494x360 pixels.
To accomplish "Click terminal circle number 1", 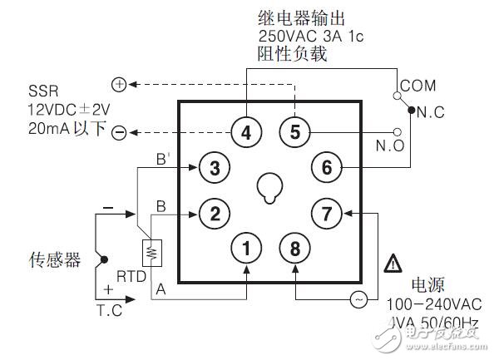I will click(246, 247).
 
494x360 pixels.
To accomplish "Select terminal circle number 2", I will click(215, 214).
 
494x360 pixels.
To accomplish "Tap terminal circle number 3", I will click(215, 169).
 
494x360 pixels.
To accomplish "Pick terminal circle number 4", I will click(245, 131).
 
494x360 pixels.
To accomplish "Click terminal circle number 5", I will click(294, 131).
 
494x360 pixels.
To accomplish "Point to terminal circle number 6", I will click(327, 168).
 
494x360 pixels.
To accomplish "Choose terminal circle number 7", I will click(327, 214).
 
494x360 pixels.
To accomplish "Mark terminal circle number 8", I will click(294, 247).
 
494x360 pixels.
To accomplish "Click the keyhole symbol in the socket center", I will click(269, 190).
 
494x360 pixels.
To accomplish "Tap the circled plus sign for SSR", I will click(118, 85).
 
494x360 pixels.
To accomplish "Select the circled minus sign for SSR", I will click(118, 132).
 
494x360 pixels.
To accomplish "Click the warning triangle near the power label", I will click(392, 266).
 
